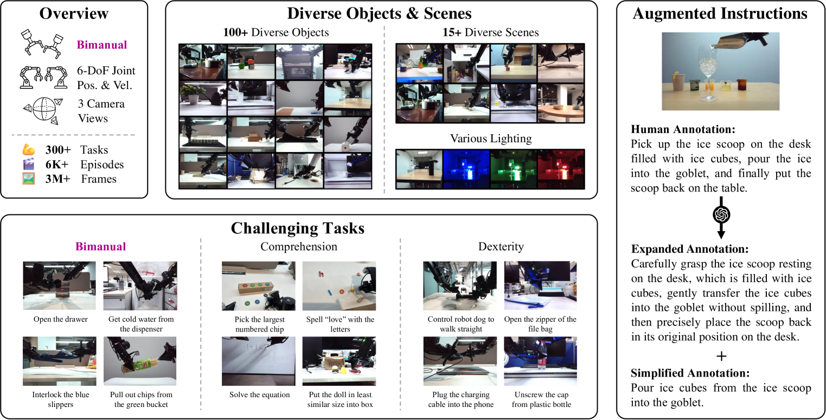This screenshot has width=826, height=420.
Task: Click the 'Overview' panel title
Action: coord(74,14)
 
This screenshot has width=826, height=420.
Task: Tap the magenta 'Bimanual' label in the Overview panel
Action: coord(102,44)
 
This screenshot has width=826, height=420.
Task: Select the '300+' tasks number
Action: coord(58,149)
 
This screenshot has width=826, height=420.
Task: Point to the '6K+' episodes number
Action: coord(57,164)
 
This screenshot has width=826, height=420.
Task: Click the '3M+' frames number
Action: coord(57,179)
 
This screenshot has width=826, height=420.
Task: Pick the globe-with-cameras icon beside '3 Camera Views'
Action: coord(43,110)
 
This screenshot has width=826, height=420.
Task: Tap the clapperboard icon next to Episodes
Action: coord(29,164)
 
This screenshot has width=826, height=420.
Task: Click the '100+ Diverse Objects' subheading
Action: coord(276,32)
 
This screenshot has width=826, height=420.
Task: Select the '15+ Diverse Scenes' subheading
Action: coord(490,32)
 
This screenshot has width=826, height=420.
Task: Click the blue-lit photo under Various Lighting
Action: coord(466,169)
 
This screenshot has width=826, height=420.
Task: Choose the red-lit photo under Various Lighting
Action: coord(561,169)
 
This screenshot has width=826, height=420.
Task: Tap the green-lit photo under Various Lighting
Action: coord(514,169)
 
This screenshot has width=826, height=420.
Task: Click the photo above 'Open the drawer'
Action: coord(59,285)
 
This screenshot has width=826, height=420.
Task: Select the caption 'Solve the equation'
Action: coord(260,394)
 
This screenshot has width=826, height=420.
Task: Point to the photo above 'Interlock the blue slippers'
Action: coord(59,361)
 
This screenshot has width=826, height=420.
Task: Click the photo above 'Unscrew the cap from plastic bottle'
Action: coord(540,361)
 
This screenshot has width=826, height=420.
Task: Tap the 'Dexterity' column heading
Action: coord(501,246)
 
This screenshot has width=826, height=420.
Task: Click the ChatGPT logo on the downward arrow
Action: coord(721,214)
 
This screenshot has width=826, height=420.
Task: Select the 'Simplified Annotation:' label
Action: coord(690,373)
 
